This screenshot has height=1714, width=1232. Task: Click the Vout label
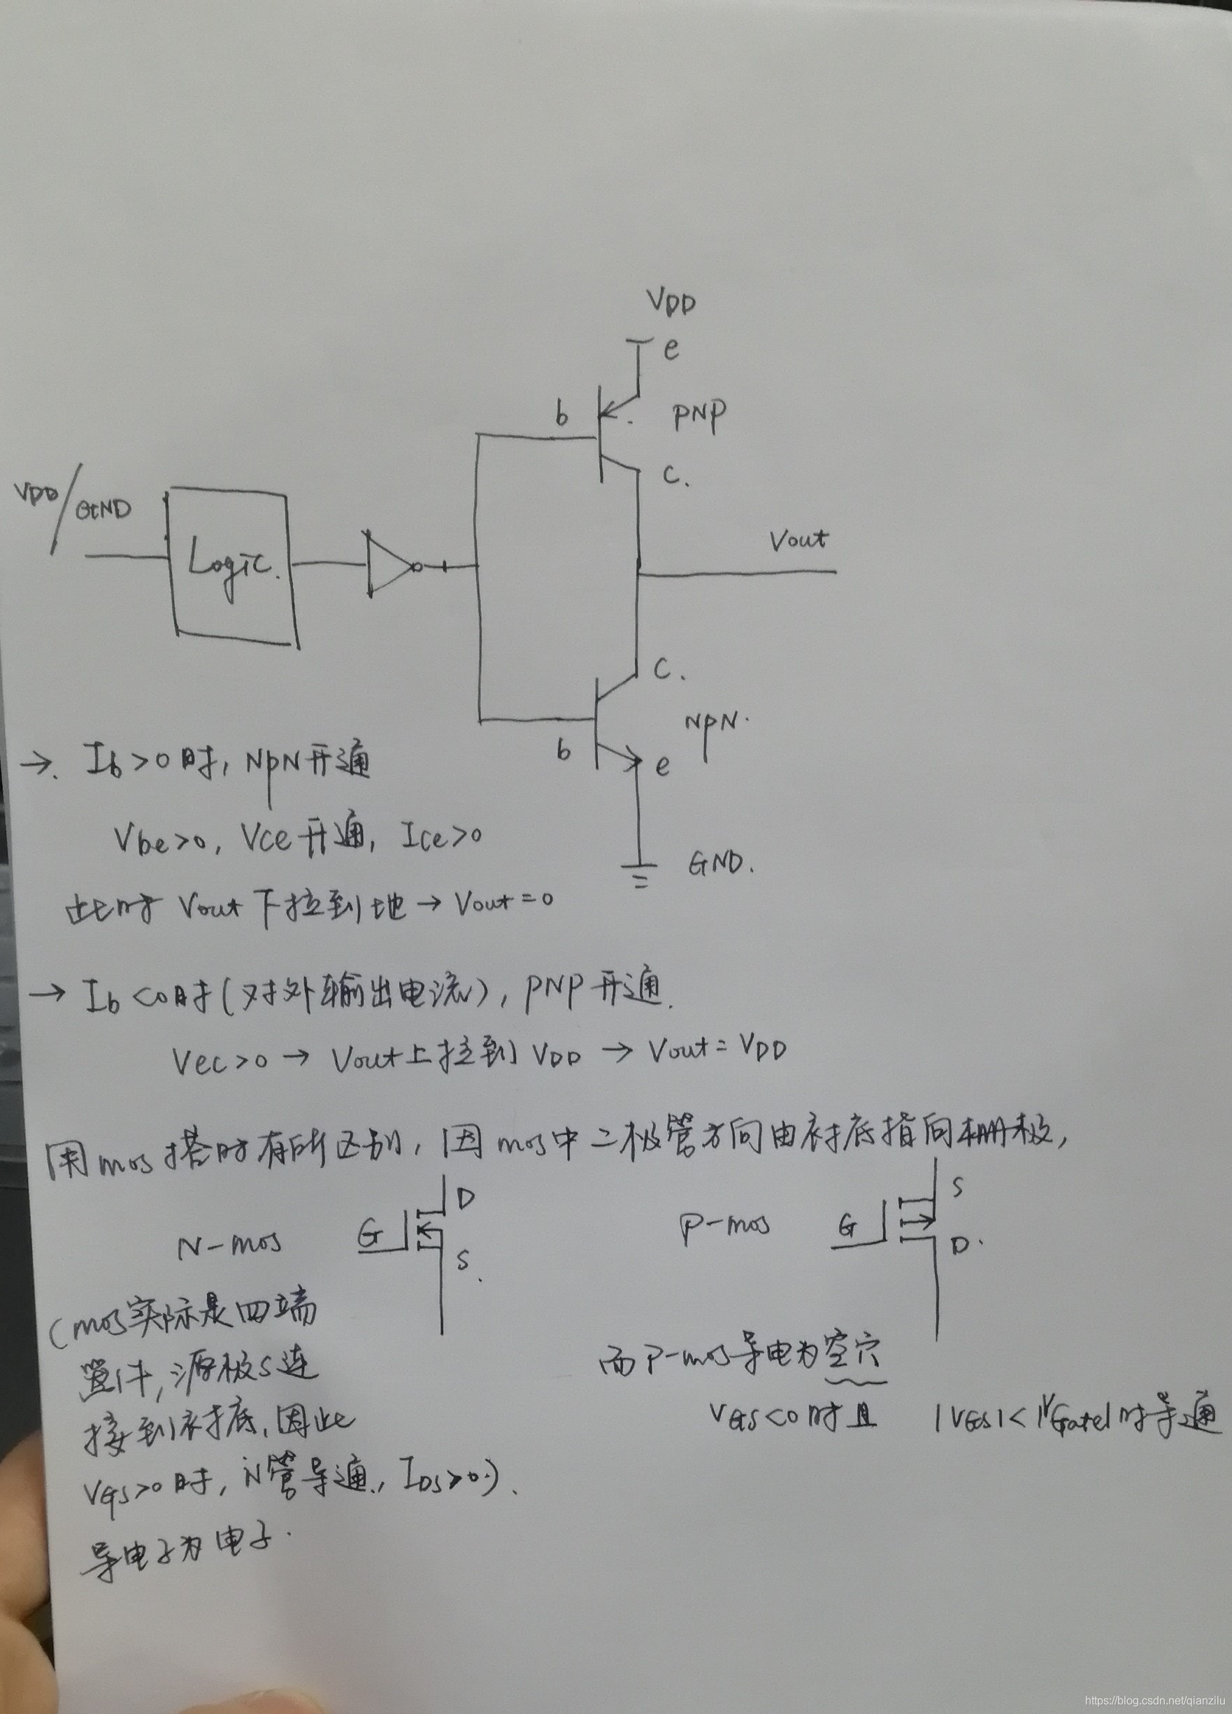coord(798,540)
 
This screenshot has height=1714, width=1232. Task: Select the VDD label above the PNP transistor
coord(671,302)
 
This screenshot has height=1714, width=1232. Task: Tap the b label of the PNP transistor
coord(561,415)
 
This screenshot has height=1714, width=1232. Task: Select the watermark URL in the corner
coord(1159,1699)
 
